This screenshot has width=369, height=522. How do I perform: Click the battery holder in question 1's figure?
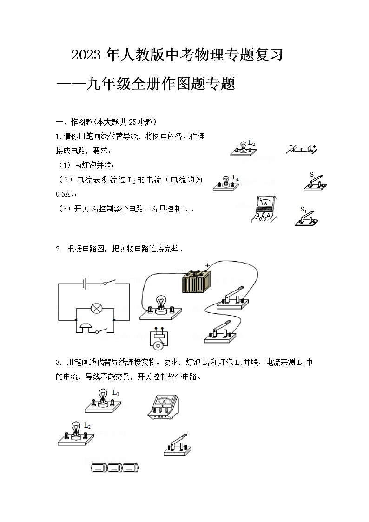coord(301,148)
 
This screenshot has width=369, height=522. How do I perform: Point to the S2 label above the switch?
coord(312,175)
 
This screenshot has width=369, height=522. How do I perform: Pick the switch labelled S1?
coord(308,218)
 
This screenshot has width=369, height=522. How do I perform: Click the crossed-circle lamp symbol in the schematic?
coord(96,308)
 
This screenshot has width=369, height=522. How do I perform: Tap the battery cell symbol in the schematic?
coord(84,283)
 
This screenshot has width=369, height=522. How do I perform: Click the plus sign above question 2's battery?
coord(207,265)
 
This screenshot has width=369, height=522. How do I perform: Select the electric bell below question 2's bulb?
coord(160,338)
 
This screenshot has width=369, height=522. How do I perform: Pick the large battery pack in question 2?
coord(196,282)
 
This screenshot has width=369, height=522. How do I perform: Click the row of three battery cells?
coord(114,468)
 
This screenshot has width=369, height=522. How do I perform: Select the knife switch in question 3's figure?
coord(178,445)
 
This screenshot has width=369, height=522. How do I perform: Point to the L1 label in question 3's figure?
coord(116,393)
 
